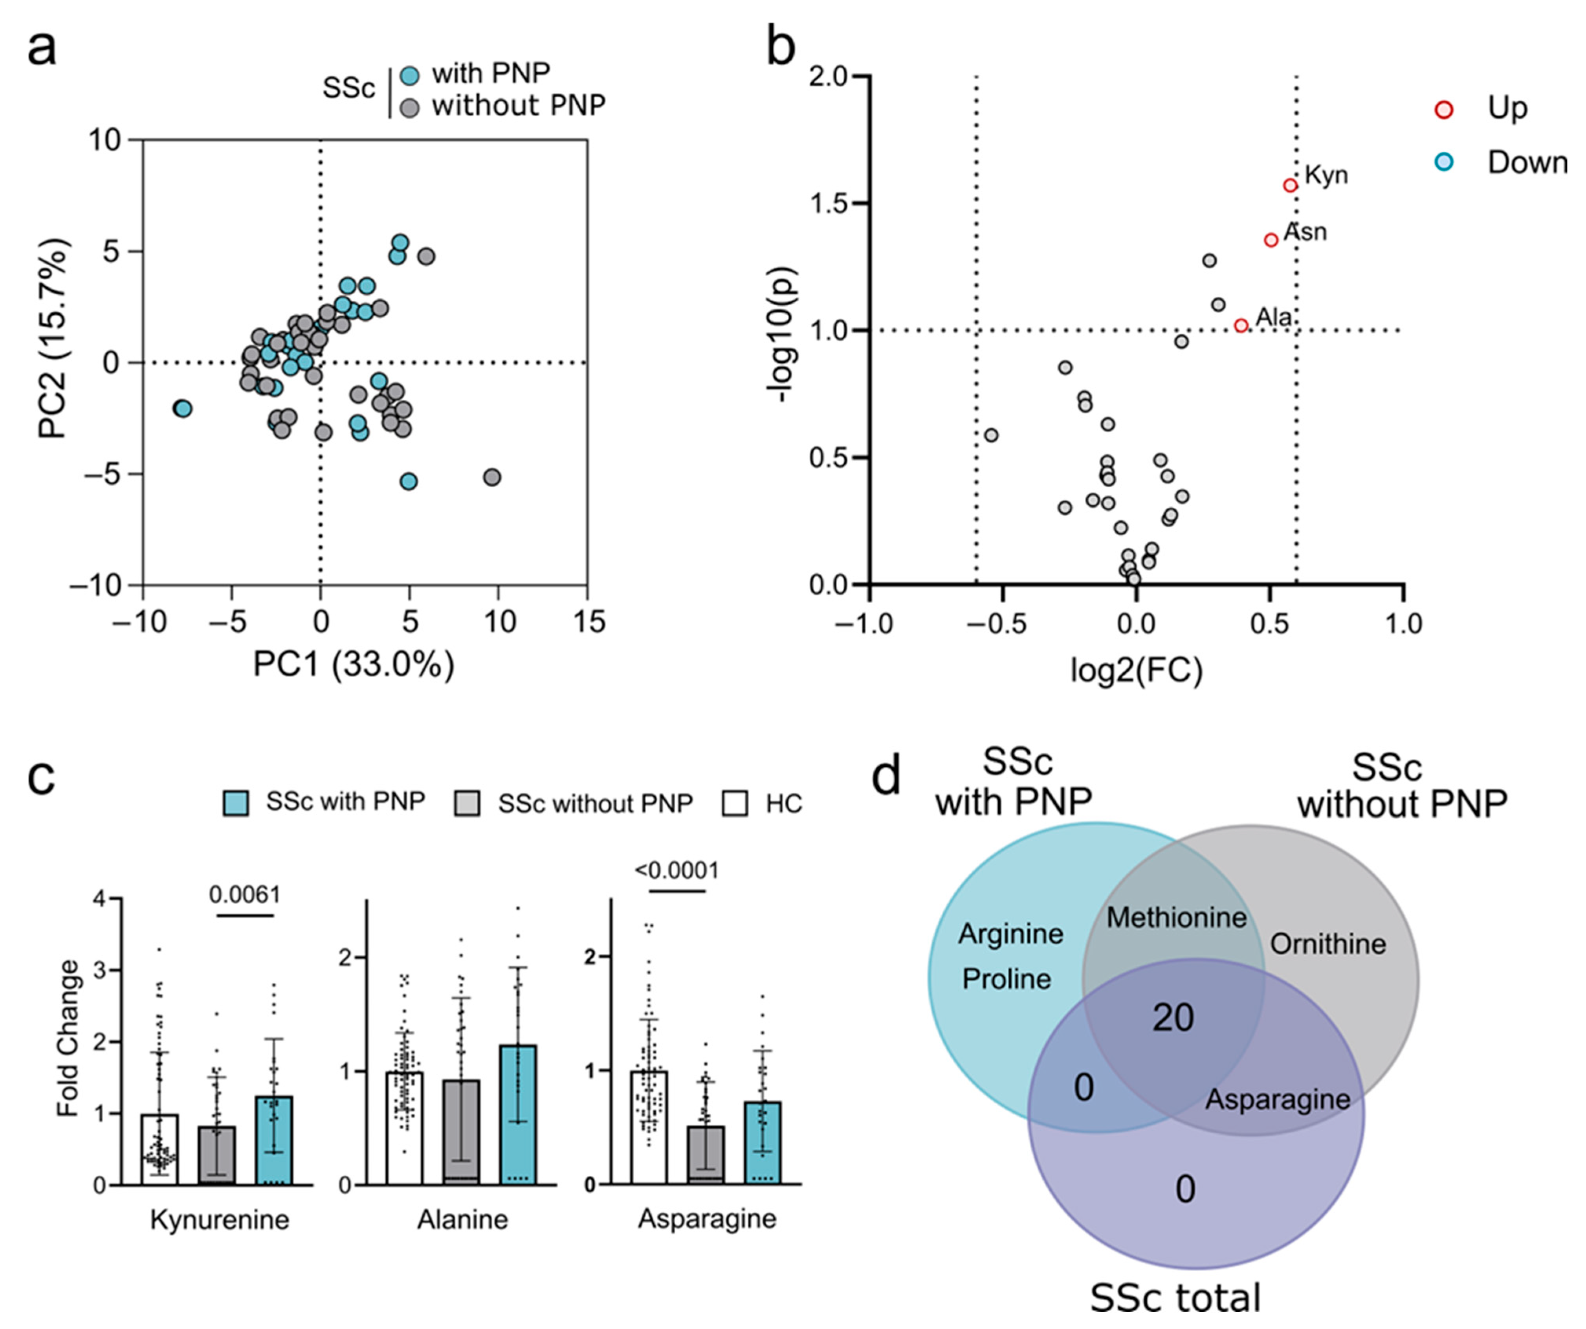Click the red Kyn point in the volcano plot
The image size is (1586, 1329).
coord(1290,185)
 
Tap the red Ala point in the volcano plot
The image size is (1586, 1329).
coord(1241,326)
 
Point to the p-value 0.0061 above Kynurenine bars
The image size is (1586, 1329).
coord(245,894)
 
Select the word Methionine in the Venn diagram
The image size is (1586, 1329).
coord(1177,917)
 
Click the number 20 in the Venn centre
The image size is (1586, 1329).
coord(1173,1018)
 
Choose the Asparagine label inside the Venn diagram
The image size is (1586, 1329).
coord(1277,1099)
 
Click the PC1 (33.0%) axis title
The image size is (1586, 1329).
coord(354,665)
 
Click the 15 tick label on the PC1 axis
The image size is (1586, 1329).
coord(589,622)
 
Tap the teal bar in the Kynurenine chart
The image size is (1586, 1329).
coord(274,1141)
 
